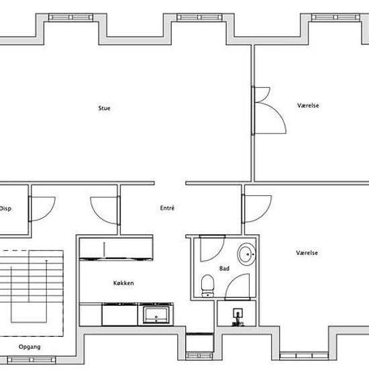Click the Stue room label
tap(104, 107)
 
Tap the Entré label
tap(167, 208)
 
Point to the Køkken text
tap(123, 283)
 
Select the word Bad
tap(224, 268)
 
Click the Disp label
tap(5, 208)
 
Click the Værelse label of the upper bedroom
tap(309, 106)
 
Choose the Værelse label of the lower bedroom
tap(307, 253)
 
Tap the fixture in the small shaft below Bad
tap(236, 315)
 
